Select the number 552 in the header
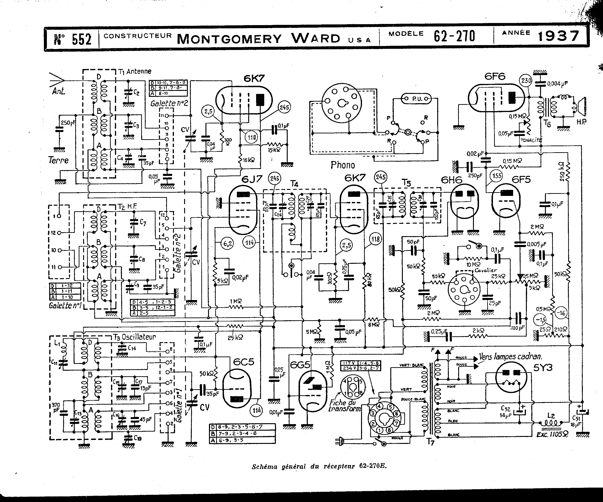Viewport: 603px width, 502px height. (81, 39)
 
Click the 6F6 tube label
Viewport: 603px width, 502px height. (495, 76)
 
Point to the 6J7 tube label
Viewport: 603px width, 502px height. (252, 179)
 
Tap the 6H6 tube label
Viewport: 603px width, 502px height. (452, 180)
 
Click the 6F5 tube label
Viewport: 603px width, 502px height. (521, 180)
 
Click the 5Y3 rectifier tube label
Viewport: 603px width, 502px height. (543, 367)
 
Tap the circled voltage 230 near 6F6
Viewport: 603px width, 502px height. (526, 81)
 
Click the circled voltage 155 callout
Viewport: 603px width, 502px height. (497, 175)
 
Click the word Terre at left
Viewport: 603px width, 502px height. (59, 160)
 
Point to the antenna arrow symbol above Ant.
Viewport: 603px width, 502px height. (57, 79)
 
